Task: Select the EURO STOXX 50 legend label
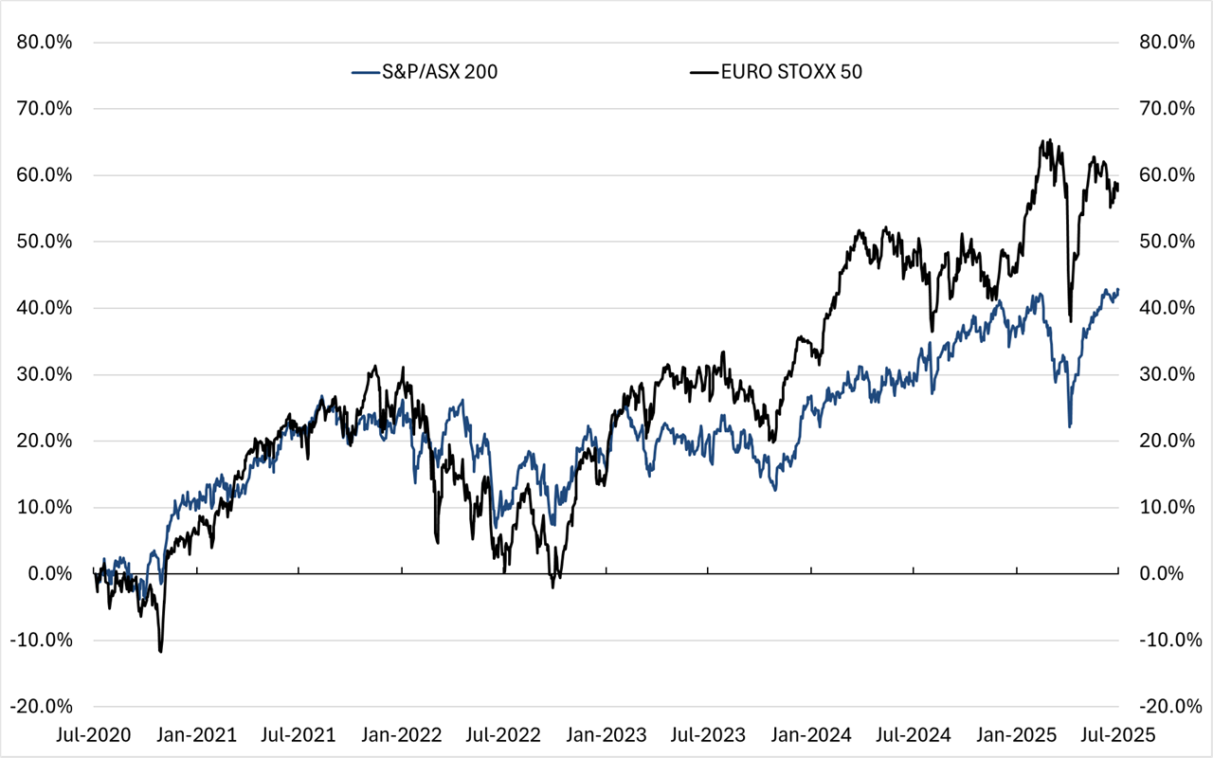790,72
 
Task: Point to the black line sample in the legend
702,72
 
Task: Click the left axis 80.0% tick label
45,43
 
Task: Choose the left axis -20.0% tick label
44,707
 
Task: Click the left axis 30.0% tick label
45,374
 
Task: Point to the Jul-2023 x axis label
708,735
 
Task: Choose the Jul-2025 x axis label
1118,735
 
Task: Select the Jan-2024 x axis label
811,735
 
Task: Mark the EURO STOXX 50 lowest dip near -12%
160,652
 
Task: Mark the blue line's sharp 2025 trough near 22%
1070,426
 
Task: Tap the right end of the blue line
1118,290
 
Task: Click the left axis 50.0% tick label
45,242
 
